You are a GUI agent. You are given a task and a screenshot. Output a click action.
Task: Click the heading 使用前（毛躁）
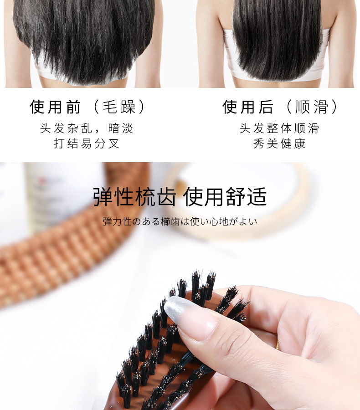tap(87, 107)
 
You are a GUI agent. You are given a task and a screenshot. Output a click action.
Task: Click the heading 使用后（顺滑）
tap(280, 107)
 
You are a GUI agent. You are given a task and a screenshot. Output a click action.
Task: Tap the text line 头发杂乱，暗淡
tap(87, 128)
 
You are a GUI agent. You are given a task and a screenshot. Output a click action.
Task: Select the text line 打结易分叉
tap(87, 143)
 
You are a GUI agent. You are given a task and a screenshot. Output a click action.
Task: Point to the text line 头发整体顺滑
tap(279, 128)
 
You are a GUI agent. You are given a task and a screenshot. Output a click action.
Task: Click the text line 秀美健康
tap(279, 143)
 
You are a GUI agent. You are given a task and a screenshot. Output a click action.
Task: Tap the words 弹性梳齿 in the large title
tap(135, 196)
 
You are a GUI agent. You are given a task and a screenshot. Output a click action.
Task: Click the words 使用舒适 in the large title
tap(225, 196)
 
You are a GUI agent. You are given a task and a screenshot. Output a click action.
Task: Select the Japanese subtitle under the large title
tap(180, 221)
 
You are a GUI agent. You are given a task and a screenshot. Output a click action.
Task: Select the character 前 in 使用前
tap(73, 107)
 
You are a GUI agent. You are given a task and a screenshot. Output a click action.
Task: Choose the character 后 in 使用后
tap(266, 107)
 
